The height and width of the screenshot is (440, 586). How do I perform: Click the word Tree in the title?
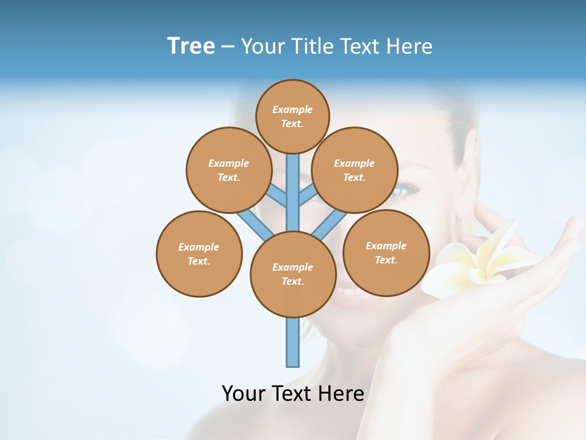coord(191,46)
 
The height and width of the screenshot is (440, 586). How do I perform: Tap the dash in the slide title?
coord(228,47)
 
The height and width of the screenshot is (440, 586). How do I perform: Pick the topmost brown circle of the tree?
coord(292,116)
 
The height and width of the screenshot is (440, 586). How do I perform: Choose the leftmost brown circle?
coord(199,254)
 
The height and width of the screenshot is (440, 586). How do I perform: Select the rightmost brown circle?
coord(386,252)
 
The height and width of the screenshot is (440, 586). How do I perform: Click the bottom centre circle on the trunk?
coord(293,274)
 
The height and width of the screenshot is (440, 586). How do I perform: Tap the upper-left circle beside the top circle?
coord(228,170)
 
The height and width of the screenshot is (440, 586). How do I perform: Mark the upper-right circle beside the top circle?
coord(354,170)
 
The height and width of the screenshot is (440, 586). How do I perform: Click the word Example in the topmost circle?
coord(292,109)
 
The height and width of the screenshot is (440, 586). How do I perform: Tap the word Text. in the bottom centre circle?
coord(292,281)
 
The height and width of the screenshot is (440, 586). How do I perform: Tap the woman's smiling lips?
coord(348,295)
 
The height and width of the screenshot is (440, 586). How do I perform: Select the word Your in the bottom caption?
coord(244,393)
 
